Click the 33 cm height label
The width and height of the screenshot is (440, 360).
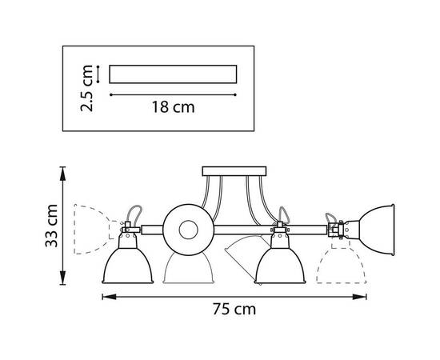[x=52, y=226]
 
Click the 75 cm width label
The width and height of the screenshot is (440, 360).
[x=234, y=309]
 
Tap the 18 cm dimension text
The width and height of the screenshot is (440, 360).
[x=173, y=107]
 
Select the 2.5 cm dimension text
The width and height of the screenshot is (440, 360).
[x=86, y=88]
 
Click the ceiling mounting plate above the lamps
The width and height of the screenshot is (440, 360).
[x=234, y=171]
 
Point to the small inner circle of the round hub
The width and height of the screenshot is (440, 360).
[x=188, y=230]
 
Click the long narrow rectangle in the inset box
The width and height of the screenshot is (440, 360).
[x=173, y=74]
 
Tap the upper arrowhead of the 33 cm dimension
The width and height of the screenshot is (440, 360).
[x=63, y=174]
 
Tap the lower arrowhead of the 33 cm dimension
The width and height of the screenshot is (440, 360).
[x=63, y=278]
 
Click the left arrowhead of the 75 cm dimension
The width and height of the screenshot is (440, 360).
[x=109, y=297]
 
